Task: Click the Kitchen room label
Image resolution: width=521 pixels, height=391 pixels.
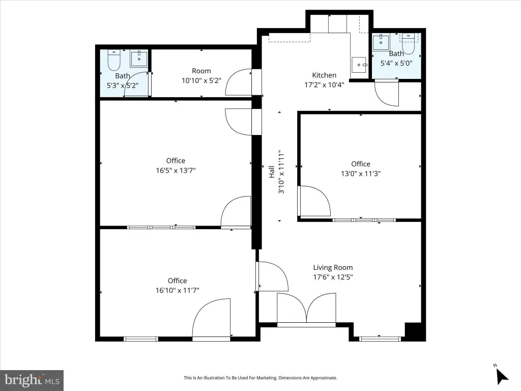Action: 324,75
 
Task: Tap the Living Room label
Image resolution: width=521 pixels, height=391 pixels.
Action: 333,267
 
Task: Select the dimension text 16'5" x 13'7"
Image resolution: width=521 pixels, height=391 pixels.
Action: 176,170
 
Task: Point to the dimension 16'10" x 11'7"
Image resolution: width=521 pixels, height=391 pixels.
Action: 178,290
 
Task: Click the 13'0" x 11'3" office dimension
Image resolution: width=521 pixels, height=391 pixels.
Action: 361,173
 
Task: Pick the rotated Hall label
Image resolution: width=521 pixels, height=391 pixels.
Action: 272,172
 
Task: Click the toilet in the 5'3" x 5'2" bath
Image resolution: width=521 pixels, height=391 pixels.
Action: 114,60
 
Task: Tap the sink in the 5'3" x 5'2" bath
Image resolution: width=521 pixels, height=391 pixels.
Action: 139,59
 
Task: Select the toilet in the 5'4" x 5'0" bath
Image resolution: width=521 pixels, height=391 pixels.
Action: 409,44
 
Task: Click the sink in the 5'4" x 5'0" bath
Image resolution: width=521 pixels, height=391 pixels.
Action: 381,42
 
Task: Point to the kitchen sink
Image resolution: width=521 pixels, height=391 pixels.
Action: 359,65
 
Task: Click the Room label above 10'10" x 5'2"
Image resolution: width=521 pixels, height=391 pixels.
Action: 201,71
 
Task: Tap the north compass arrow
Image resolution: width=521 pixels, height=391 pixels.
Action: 502,376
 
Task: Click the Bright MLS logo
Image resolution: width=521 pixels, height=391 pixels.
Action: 32,380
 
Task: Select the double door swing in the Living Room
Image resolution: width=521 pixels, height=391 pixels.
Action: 306,308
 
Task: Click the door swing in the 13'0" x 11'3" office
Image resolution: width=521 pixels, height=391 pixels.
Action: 314,201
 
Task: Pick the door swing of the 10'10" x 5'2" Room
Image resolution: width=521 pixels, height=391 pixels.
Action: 239,82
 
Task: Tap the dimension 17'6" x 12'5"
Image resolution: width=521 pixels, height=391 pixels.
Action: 333,277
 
